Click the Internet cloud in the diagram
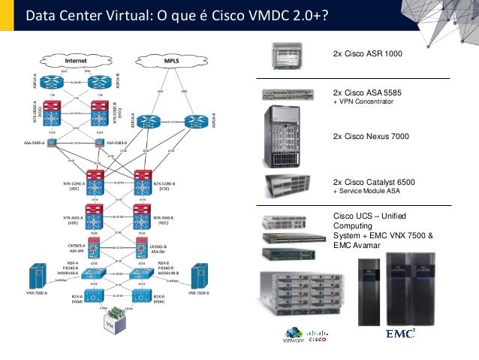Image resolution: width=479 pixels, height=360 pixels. (75, 59)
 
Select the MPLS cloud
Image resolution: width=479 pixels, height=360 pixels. (171, 59)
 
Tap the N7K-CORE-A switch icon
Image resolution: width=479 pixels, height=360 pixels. (95, 181)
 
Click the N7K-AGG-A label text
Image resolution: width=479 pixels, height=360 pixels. (74, 216)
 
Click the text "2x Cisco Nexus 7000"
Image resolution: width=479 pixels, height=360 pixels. (371, 137)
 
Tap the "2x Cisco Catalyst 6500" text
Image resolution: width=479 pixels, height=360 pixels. (374, 182)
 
